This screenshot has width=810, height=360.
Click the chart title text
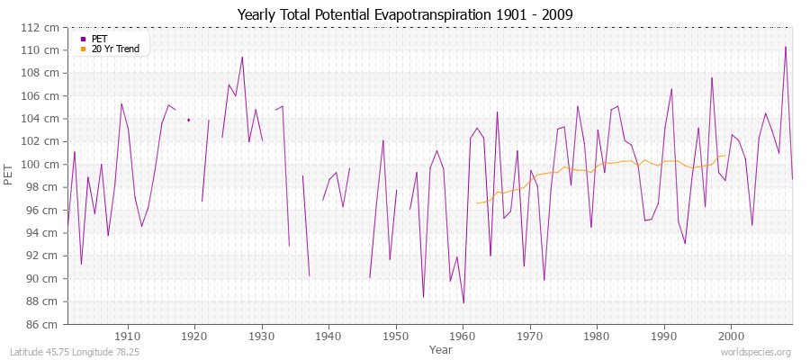[405, 15]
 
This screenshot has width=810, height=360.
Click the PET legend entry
[99, 39]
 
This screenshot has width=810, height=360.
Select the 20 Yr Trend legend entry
[115, 49]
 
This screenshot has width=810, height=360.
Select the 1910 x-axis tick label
[128, 335]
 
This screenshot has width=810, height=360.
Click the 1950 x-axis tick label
[396, 335]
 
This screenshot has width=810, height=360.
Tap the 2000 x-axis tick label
[731, 335]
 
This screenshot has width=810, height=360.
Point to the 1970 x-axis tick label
[530, 335]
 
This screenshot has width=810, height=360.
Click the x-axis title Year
[441, 349]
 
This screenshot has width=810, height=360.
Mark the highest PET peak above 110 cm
[786, 47]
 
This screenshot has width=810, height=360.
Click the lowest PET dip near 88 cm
[463, 302]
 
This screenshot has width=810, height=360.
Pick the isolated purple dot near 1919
[188, 120]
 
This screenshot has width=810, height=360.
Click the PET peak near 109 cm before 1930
[242, 57]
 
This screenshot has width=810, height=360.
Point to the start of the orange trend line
[477, 202]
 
